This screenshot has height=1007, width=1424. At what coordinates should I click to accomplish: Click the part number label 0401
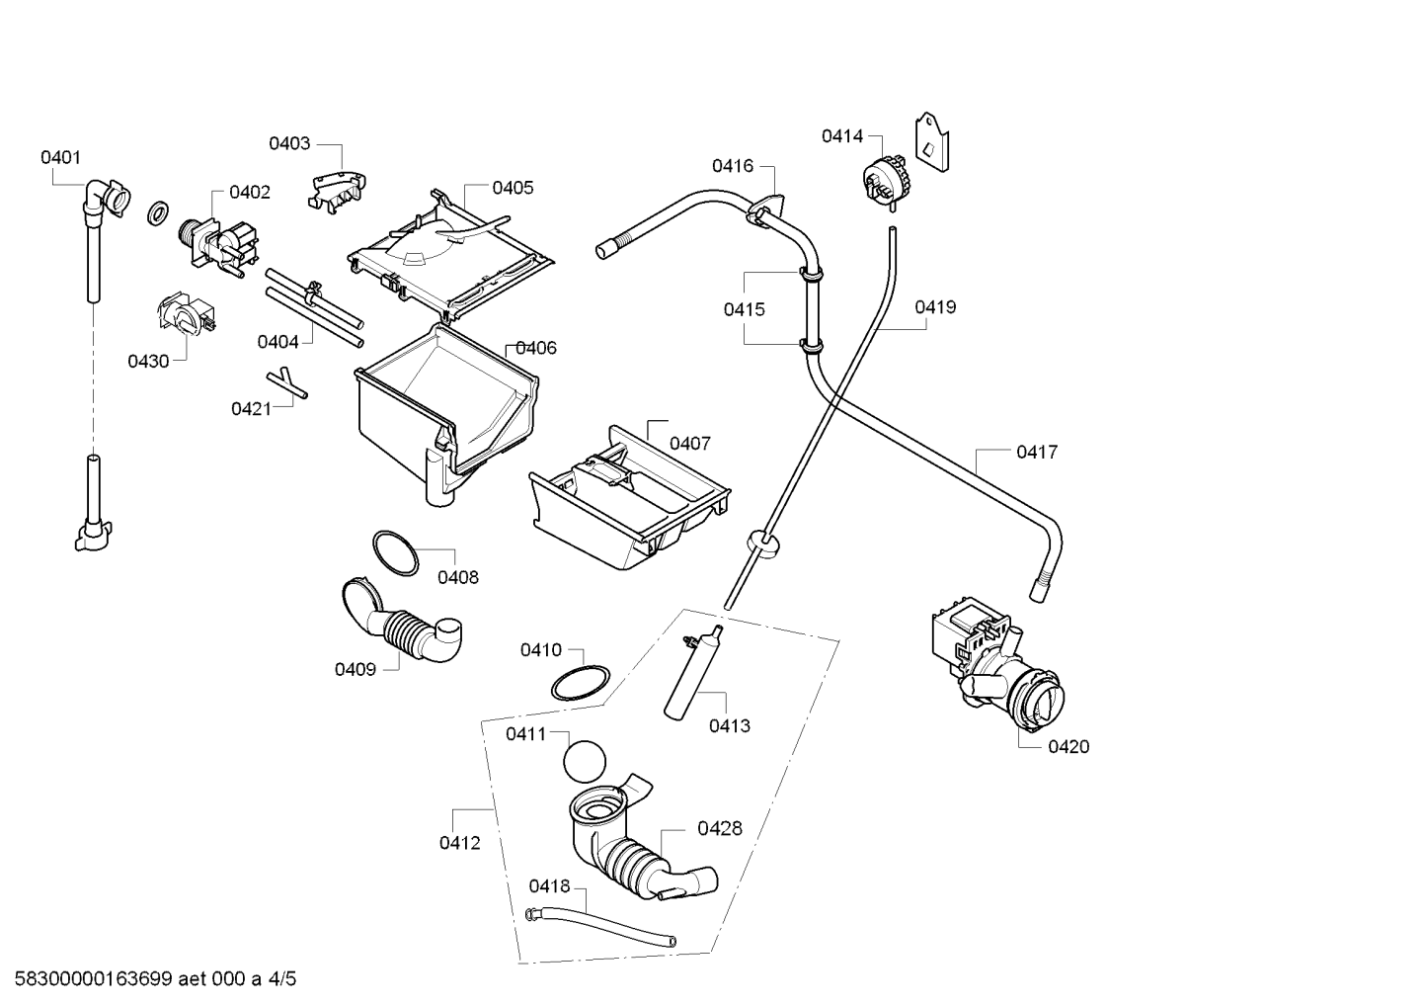click(60, 157)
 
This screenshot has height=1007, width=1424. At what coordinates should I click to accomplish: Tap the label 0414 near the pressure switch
click(842, 136)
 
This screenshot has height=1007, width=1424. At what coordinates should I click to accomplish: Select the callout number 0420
click(1068, 747)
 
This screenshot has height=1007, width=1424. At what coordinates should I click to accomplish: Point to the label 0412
click(459, 844)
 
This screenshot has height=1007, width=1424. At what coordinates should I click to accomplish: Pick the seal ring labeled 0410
click(580, 683)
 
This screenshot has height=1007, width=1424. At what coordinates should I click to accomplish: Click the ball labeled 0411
click(585, 762)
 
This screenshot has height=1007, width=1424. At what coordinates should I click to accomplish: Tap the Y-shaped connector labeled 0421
click(287, 382)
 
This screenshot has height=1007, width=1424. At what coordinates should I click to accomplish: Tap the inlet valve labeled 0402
click(218, 247)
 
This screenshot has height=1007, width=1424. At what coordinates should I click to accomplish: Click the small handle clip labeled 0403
click(338, 190)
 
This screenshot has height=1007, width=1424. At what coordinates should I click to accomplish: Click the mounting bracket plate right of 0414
click(932, 142)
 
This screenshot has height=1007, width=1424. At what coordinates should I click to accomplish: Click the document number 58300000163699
click(94, 978)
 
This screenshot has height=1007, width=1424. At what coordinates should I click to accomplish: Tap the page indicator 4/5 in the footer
click(281, 978)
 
